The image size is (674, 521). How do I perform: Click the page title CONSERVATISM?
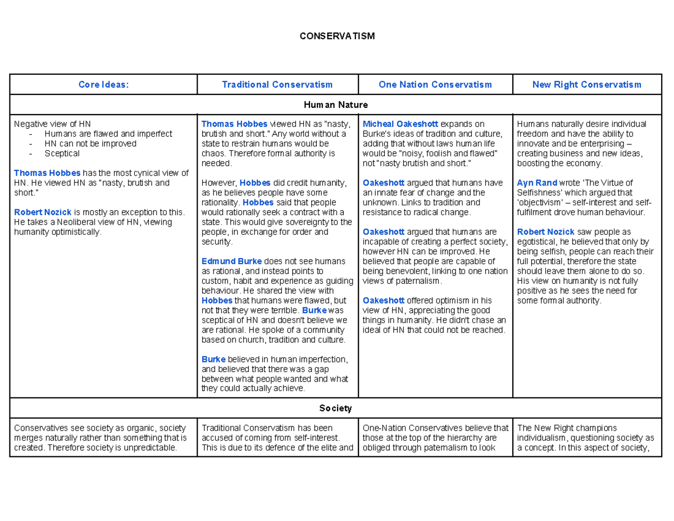click(336, 37)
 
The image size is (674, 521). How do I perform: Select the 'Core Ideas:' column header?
click(103, 85)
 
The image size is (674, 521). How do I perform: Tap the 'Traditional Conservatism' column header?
click(277, 85)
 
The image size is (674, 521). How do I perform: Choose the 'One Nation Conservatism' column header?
click(435, 85)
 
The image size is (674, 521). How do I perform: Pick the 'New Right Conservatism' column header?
click(586, 85)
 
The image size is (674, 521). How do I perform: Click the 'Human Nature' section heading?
click(336, 105)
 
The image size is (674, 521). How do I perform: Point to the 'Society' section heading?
click(336, 408)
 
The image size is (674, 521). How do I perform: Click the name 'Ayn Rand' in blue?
click(537, 183)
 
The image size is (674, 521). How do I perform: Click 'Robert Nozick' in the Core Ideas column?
click(43, 212)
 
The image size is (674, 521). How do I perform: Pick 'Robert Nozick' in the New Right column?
click(545, 232)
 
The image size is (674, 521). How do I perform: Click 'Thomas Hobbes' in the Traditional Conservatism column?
click(234, 124)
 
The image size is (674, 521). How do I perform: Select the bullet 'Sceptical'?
click(62, 153)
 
